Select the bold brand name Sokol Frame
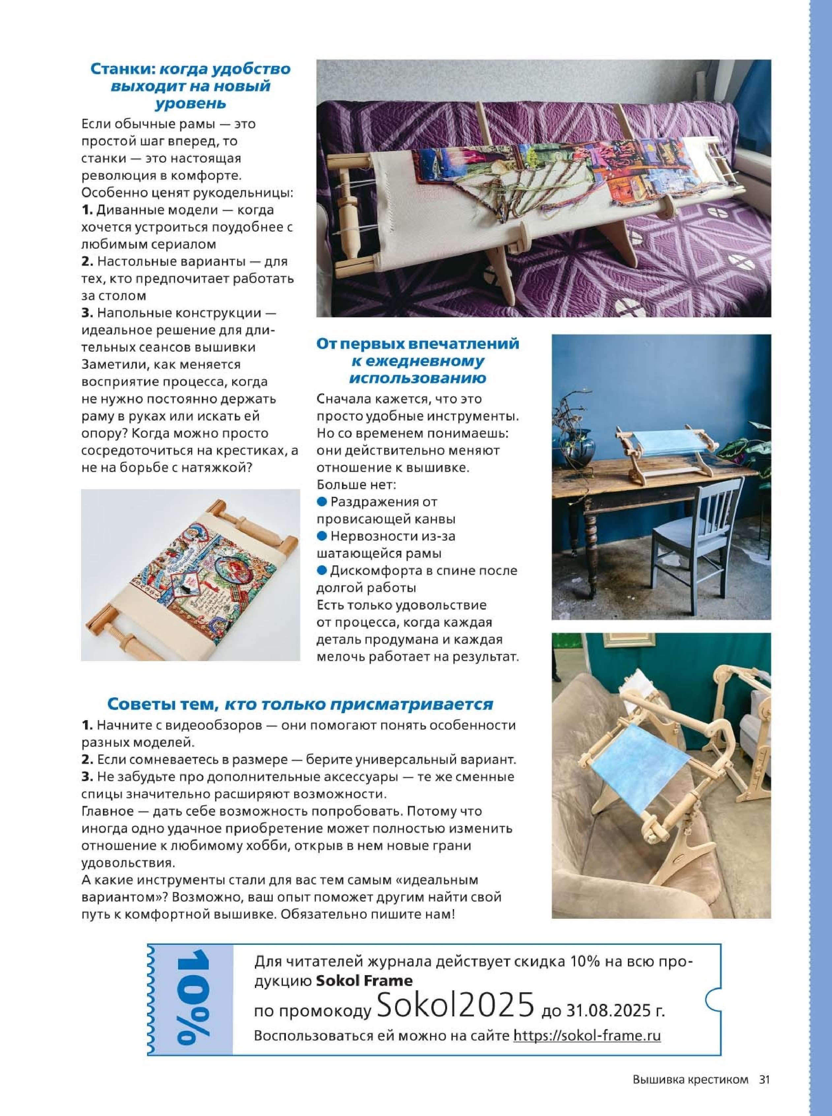tap(364, 980)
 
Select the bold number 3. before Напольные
tap(88, 313)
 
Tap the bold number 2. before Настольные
tap(88, 262)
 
